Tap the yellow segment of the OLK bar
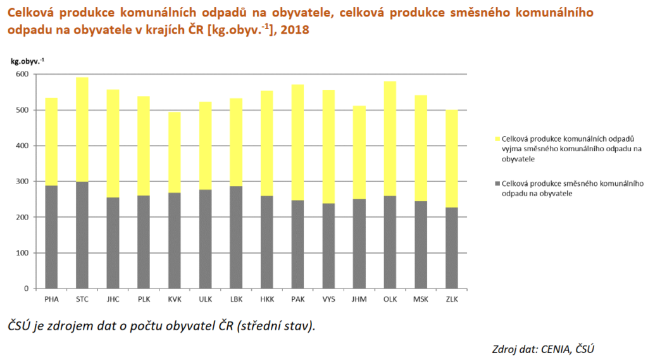(x=390, y=139)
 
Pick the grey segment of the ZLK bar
(x=451, y=247)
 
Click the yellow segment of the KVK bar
(x=174, y=152)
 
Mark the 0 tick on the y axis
(x=26, y=289)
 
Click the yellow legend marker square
(x=497, y=139)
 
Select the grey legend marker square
(x=497, y=183)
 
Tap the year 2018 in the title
(x=294, y=30)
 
